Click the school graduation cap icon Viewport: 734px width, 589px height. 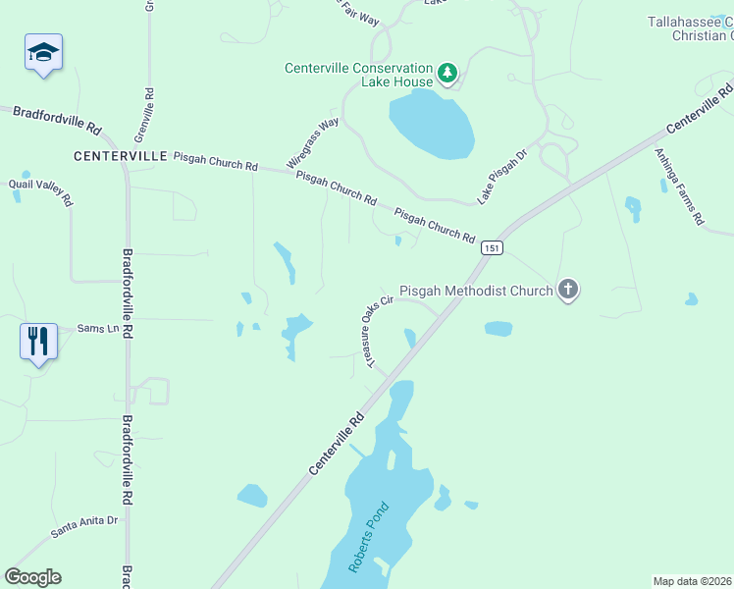click(x=43, y=51)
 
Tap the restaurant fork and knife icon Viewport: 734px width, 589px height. click(x=38, y=342)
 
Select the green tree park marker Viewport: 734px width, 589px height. click(x=447, y=72)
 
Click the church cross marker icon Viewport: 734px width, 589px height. click(x=567, y=290)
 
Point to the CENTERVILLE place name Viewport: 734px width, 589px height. click(x=120, y=156)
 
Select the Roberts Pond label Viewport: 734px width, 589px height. click(x=369, y=538)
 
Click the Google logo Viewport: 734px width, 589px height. click(x=32, y=577)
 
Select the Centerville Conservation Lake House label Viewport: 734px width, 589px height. click(x=358, y=75)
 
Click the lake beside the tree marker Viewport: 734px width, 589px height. click(x=431, y=125)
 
